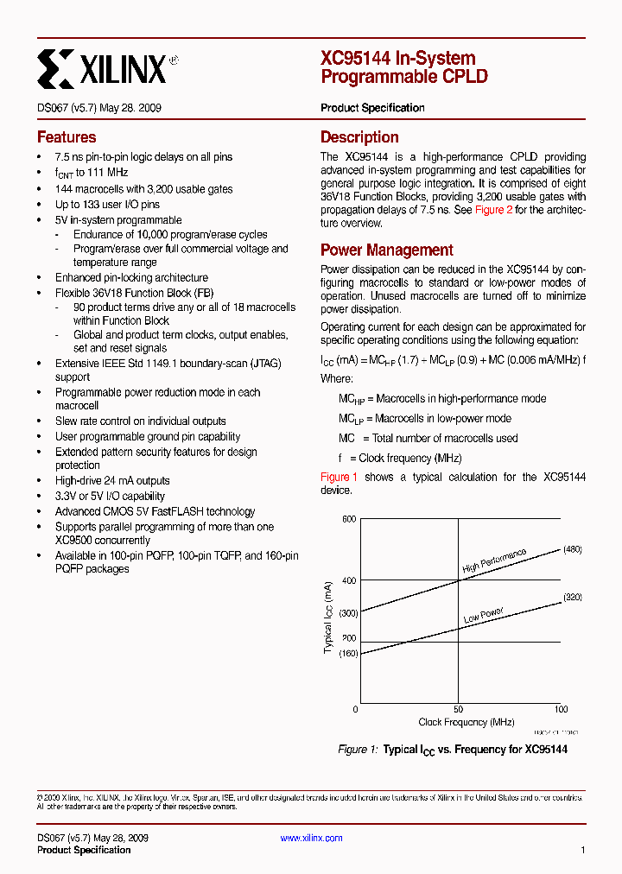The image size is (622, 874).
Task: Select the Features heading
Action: pos(67,137)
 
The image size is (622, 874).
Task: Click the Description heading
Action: pos(359,137)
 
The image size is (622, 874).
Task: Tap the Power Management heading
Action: pos(386,250)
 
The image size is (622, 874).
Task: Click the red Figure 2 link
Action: pos(493,210)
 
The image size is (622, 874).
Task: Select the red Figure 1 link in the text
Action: pos(339,477)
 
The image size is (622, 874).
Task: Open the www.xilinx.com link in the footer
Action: pos(312,838)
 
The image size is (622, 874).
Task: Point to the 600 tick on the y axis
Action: pos(348,519)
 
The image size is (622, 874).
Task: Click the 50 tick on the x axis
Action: pos(459,709)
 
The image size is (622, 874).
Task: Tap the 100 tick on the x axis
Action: pos(561,709)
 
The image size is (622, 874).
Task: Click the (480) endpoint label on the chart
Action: pos(573,549)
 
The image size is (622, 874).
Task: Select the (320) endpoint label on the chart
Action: pos(573,598)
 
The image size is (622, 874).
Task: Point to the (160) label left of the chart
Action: pos(347,654)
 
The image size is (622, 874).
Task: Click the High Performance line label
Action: pos(494,561)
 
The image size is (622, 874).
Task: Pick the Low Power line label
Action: pos(483,616)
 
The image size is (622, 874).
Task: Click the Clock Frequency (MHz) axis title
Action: pos(466,722)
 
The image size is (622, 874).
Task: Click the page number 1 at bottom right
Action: pos(582,850)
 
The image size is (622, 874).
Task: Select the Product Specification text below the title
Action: pos(372,108)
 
